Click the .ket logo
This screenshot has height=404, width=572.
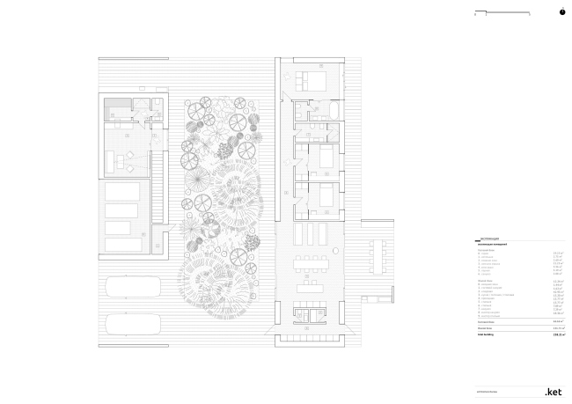point(554,391)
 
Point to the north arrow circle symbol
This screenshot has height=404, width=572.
point(561,12)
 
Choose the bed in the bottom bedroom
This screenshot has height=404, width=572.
point(323,195)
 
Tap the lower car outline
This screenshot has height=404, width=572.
point(132,323)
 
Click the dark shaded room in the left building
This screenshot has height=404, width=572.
point(118,109)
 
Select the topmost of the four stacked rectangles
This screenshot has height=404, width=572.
point(122,192)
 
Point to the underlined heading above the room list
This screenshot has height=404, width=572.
point(493,239)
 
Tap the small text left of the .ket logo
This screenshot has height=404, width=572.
point(489,392)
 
